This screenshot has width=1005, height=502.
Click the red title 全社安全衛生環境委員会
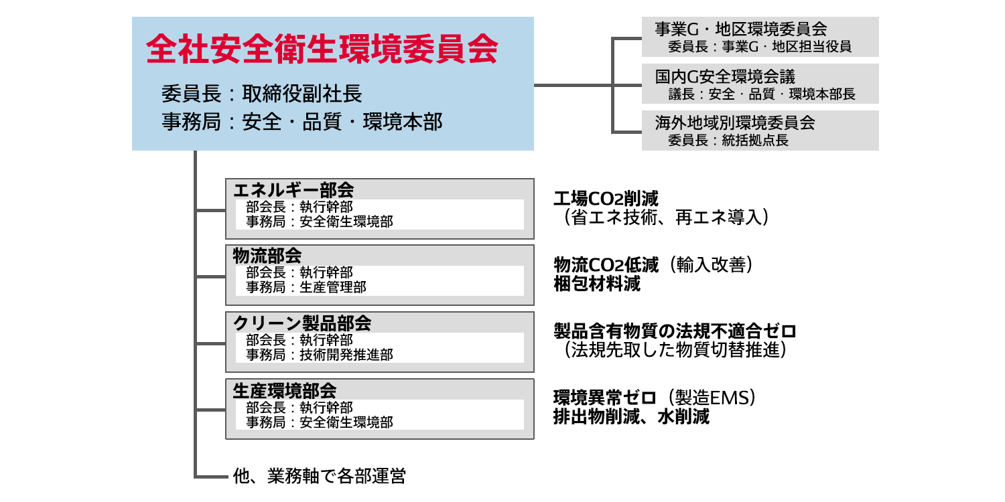(322, 49)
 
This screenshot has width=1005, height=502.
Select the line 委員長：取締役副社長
(262, 93)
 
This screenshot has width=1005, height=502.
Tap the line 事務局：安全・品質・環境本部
(302, 122)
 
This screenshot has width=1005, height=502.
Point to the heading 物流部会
(267, 256)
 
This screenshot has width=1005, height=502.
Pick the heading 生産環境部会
(284, 390)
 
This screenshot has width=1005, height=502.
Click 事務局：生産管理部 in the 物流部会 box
(306, 287)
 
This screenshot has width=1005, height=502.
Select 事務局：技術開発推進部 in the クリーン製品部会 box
(320, 354)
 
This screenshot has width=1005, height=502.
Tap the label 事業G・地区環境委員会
(740, 29)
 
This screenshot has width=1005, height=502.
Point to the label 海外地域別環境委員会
(734, 123)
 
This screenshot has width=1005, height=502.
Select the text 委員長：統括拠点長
(728, 141)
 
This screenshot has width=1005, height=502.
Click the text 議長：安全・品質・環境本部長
(762, 94)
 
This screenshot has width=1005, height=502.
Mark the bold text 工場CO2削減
(606, 199)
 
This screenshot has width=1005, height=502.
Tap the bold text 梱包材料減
(597, 284)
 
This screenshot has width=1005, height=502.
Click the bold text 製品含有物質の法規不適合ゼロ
(675, 331)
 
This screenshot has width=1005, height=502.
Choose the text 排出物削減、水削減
(631, 416)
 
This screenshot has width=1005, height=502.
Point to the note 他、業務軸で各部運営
(319, 476)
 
